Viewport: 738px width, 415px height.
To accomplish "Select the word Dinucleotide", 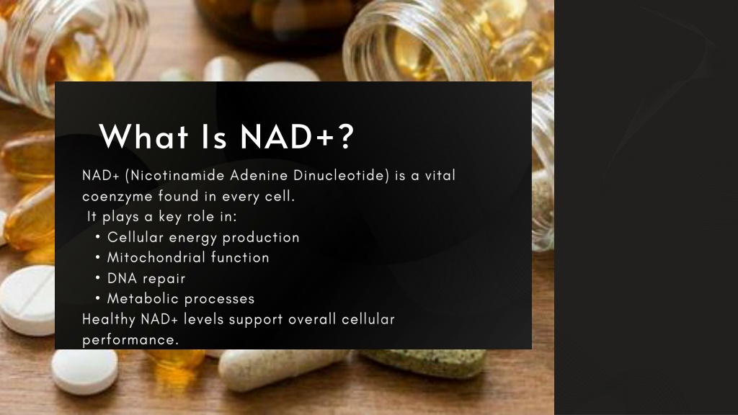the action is pos(339,175).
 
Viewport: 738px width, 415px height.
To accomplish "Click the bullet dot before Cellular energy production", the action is pos(97,237).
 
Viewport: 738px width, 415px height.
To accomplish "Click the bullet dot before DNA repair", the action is pos(97,277).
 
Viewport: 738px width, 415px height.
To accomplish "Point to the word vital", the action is pos(440,175).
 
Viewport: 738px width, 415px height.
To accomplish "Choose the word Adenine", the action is pos(259,175).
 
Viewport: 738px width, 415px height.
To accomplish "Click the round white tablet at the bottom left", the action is pos(85,371).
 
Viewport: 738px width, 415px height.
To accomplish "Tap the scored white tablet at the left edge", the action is pos(27,300).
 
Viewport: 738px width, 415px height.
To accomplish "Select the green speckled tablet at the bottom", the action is pos(424,362).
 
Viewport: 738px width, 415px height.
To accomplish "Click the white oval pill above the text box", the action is pos(282,72).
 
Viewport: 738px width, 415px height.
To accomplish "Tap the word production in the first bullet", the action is pos(261,238).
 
